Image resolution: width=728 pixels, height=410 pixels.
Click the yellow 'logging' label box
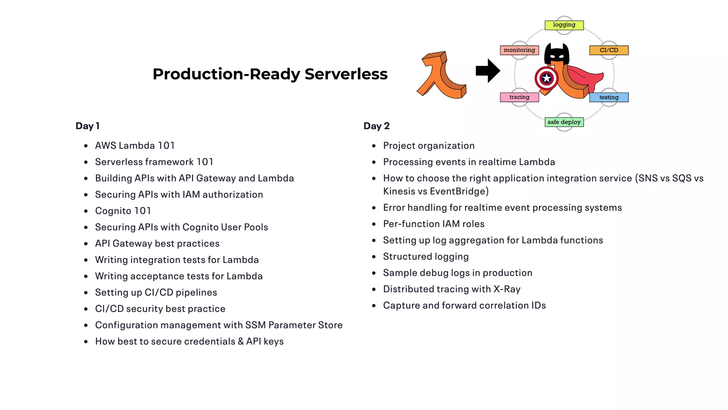point(564,25)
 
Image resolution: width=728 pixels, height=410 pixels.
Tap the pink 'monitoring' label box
point(519,50)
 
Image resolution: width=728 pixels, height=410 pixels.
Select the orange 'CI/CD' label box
point(609,50)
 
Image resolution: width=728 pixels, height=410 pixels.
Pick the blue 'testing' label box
point(609,97)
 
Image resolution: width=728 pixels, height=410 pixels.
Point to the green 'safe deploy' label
point(564,122)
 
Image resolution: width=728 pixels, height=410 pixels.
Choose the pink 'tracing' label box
point(519,97)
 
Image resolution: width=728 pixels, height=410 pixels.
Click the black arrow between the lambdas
point(488,71)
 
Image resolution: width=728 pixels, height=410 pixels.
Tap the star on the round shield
point(547,78)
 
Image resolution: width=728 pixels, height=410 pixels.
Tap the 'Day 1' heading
point(87,126)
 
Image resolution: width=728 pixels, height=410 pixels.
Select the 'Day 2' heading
point(376,126)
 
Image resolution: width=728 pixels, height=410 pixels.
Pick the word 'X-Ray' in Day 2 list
point(507,289)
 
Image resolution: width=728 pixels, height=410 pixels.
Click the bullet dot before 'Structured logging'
point(374,257)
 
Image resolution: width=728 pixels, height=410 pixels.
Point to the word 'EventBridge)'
point(459,191)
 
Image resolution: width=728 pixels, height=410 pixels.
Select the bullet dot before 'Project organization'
point(374,146)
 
